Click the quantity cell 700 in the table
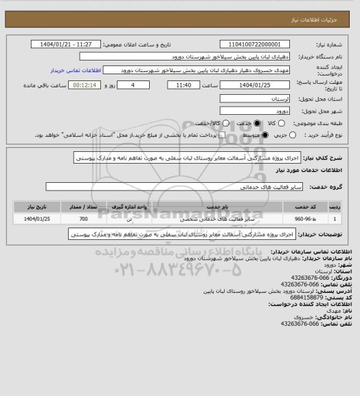pyautogui.click(x=83, y=219)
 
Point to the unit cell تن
pyautogui.click(x=131, y=219)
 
